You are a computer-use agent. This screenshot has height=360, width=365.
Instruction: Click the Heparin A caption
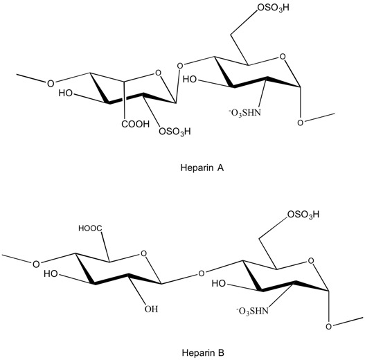pos(202,168)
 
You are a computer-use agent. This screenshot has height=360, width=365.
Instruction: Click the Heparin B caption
pos(203,353)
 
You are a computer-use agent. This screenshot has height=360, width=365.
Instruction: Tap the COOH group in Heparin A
pos(135,124)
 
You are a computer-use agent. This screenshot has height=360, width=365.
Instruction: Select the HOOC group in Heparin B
pos(90,228)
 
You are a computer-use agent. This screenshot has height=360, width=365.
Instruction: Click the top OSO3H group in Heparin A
pos(274,8)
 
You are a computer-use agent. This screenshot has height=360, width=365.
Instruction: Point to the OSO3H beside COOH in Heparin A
pos(175,132)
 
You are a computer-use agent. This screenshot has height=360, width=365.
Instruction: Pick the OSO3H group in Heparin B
pos(303,215)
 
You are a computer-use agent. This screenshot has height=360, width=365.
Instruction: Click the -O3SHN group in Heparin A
pos(245,113)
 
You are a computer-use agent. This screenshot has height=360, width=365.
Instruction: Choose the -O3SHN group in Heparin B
pos(252,311)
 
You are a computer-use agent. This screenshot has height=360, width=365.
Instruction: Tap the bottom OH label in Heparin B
pos(151,309)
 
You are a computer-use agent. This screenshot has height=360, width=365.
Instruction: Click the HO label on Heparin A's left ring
pos(65,93)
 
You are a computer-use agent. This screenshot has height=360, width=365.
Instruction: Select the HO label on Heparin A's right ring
pos(190,80)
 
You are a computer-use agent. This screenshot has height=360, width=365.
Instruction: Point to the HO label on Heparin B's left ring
pos(51,274)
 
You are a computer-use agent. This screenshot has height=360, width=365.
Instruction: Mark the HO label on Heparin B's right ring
pos(219,283)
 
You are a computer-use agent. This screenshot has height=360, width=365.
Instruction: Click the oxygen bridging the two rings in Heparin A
pos(180,66)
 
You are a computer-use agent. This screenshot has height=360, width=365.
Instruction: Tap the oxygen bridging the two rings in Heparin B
pos(202,273)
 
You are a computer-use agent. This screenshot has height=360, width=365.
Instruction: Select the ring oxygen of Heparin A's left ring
pos(158,73)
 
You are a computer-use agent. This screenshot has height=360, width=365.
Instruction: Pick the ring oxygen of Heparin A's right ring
pos(283,57)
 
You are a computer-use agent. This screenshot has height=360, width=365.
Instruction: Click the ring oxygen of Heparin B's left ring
pos(144,253)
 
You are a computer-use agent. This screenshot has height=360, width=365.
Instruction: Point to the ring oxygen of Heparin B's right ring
pos(311,261)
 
